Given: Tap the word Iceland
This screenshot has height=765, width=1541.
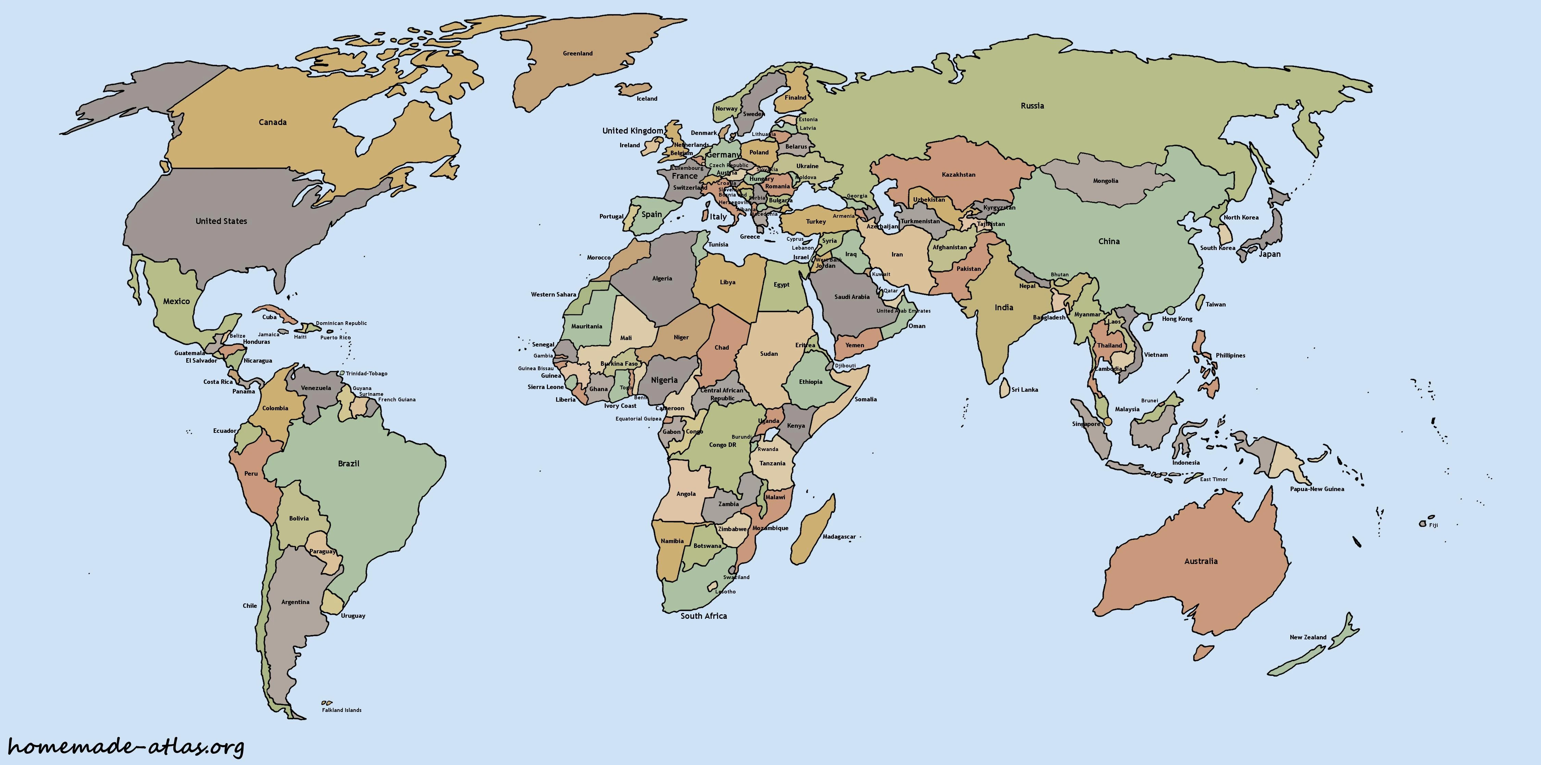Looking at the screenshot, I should point(647,99).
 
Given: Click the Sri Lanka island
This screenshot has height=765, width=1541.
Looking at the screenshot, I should point(1004,388).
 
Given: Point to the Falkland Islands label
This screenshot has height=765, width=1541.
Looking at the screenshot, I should point(341,710).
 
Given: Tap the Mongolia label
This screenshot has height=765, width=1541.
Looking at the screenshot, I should point(1105,180).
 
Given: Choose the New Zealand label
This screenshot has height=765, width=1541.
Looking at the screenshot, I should point(1308,637).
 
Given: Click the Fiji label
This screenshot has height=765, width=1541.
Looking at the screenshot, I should point(1433,525).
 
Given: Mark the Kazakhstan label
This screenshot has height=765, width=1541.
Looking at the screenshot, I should point(959,175).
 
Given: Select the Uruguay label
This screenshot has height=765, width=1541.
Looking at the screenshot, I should point(353,615).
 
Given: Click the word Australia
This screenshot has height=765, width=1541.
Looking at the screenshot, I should point(1201,561).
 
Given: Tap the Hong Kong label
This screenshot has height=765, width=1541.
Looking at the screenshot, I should point(1177,319).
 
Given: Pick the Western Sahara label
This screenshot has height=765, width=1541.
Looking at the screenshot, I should point(553,294).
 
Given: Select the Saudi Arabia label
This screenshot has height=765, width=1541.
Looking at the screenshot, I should point(852,297).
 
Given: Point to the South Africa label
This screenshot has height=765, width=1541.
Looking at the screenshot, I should point(703,615).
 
